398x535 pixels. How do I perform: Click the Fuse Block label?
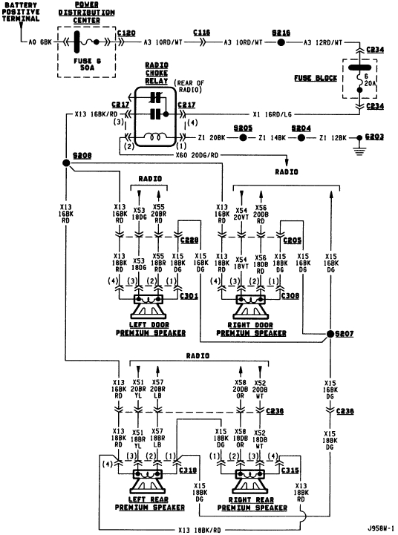click(322, 78)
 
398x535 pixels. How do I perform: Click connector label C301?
click(189, 296)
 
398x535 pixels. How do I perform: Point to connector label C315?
click(292, 470)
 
